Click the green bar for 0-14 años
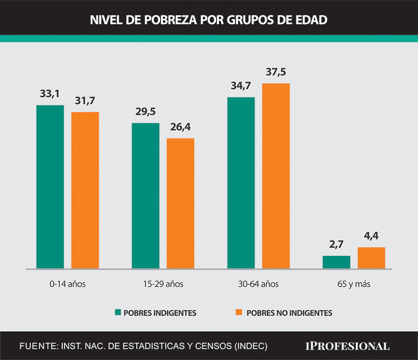(50, 187)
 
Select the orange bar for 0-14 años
(85, 190)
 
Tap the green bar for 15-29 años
(145, 196)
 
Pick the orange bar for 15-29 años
(180, 204)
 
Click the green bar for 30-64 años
(241, 183)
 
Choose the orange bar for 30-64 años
(276, 176)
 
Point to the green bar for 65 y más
(336, 262)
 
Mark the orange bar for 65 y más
(371, 258)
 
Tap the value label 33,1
(50, 94)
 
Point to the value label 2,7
(336, 245)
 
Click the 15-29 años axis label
(162, 284)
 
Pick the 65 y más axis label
(354, 284)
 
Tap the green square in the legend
(118, 312)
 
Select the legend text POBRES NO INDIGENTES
(289, 313)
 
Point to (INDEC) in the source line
(250, 346)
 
